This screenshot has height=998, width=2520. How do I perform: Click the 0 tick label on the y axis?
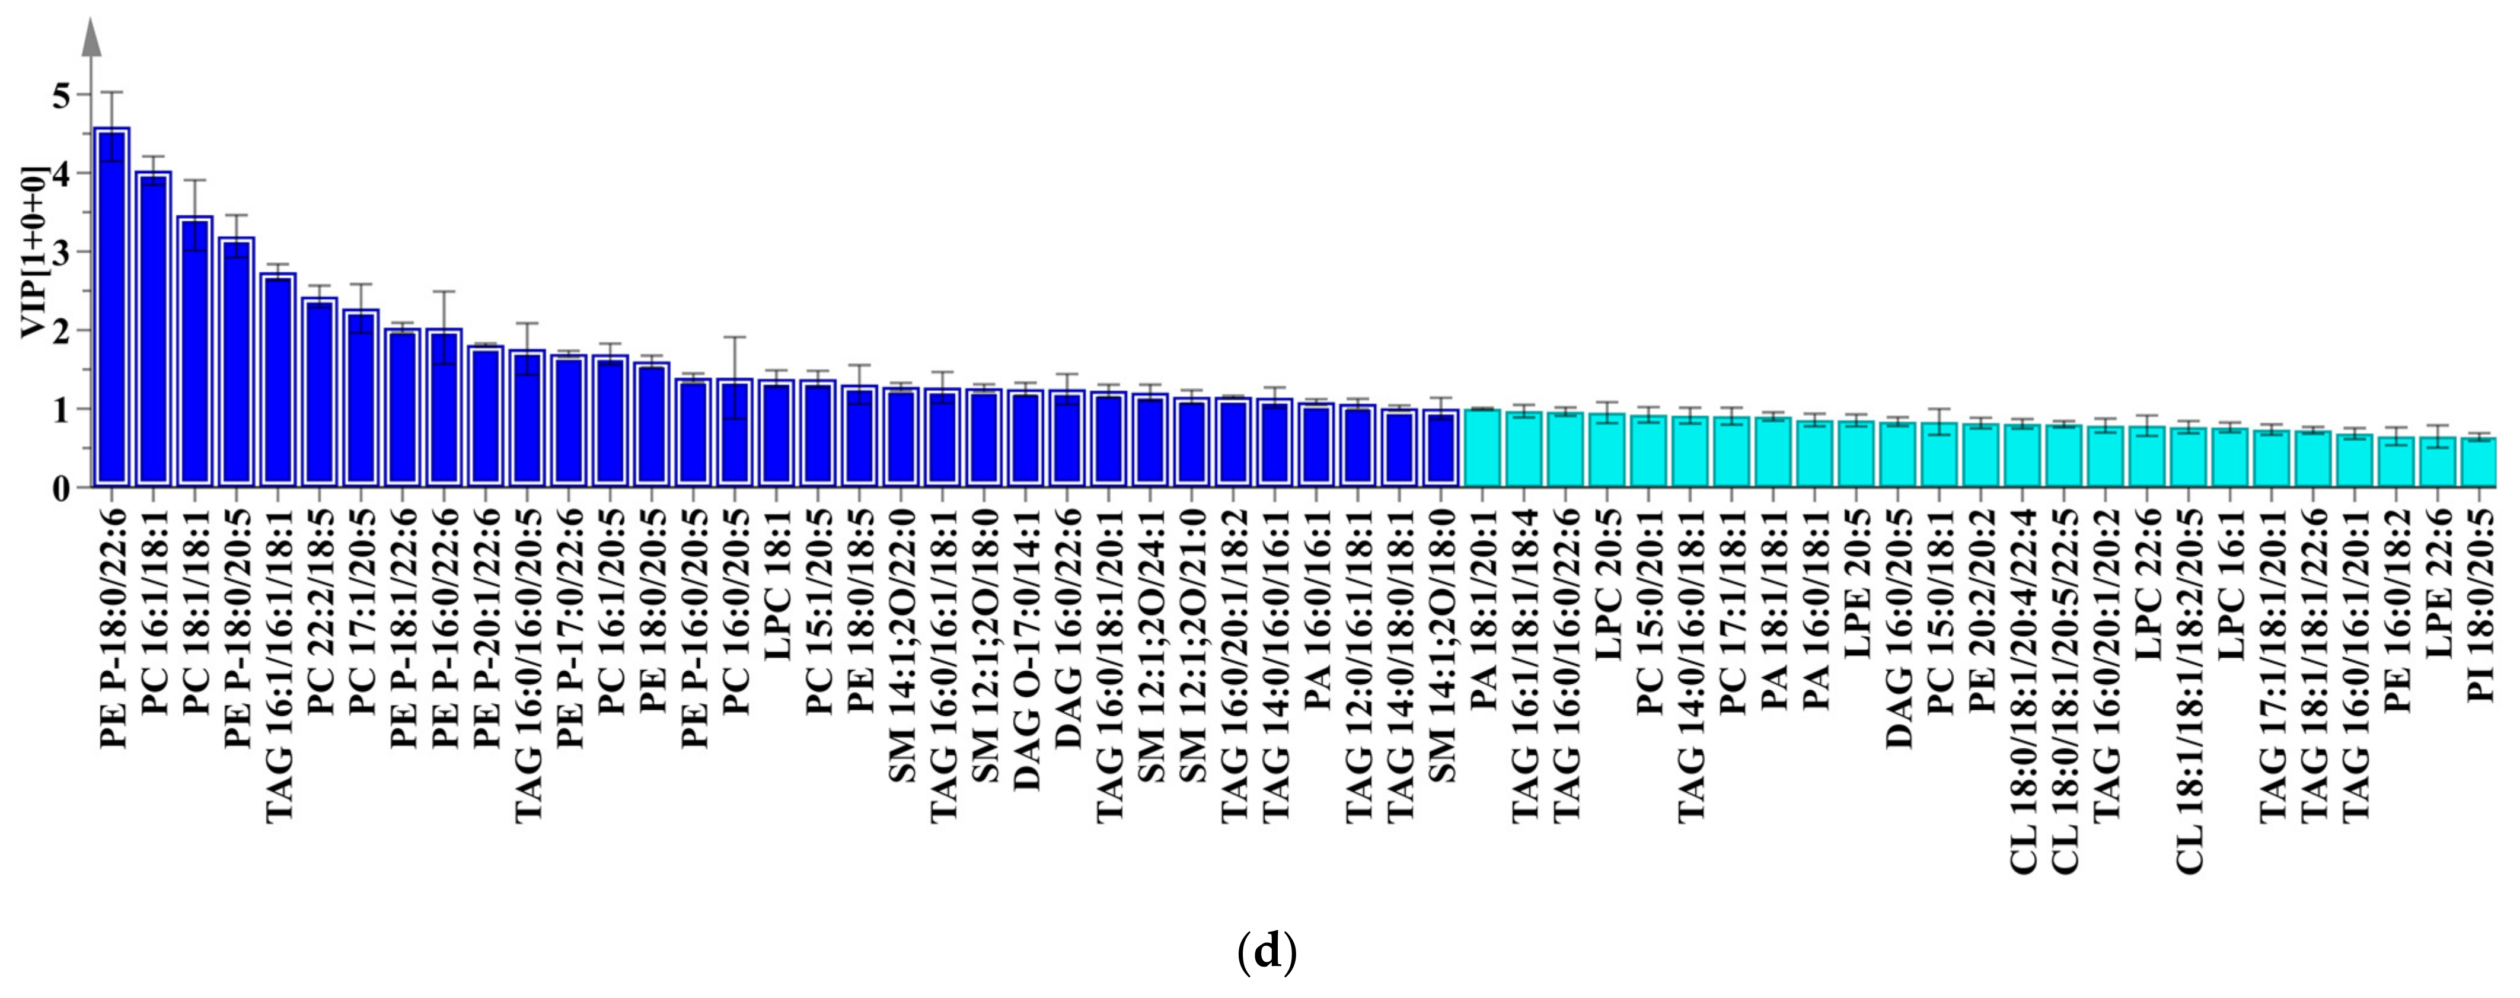pos(60,487)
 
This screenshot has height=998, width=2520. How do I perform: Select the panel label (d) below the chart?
pos(1267,951)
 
